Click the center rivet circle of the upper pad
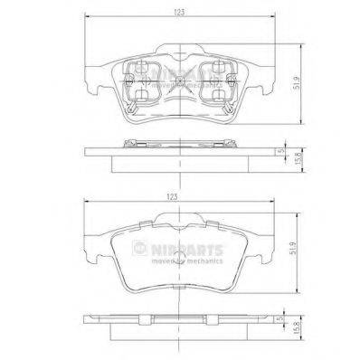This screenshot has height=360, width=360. click(180, 83)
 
